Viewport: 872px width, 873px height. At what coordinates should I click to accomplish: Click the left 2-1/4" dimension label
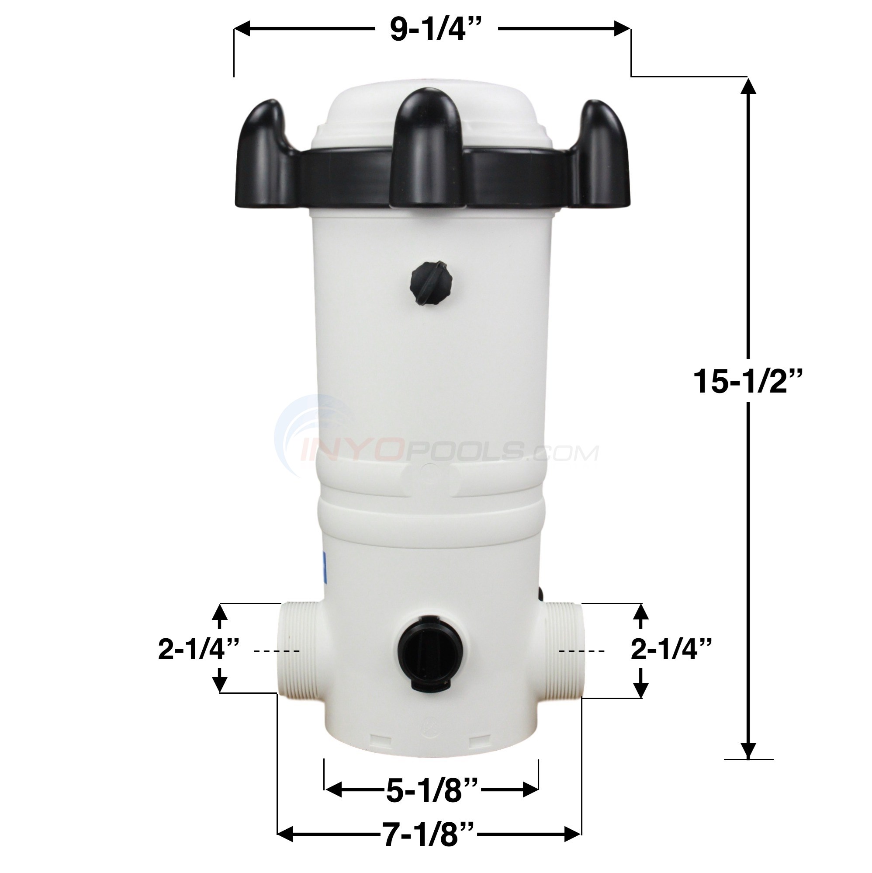pyautogui.click(x=199, y=651)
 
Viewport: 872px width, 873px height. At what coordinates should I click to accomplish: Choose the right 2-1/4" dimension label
pyautogui.click(x=671, y=651)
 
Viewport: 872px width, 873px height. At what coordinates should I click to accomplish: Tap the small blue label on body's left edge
pyautogui.click(x=323, y=570)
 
